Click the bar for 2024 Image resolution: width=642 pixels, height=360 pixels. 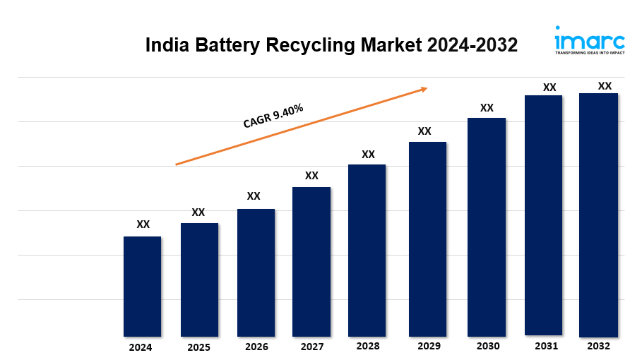point(142,286)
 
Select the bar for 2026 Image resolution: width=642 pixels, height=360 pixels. point(256,272)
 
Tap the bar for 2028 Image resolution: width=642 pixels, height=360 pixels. point(367,250)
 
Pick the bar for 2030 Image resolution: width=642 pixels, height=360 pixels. point(487,227)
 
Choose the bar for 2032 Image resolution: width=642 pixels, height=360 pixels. point(598,215)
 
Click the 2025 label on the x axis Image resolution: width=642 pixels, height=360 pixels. point(198,347)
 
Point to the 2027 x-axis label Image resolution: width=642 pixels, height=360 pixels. point(312,347)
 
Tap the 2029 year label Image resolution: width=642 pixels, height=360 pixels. point(429,346)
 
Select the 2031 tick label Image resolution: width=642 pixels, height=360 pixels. point(546,346)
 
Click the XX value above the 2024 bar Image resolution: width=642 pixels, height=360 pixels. point(143,224)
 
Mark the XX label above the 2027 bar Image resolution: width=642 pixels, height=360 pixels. point(311,175)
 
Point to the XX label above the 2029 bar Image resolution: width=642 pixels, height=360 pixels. point(424,131)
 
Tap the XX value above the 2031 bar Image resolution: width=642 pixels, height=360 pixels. point(549,88)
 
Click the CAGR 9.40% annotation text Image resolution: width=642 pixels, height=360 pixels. point(273,116)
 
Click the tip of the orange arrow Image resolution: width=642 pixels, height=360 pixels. point(427,88)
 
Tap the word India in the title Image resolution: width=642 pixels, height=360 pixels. point(165,45)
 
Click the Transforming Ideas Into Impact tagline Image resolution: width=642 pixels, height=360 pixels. point(589,53)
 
